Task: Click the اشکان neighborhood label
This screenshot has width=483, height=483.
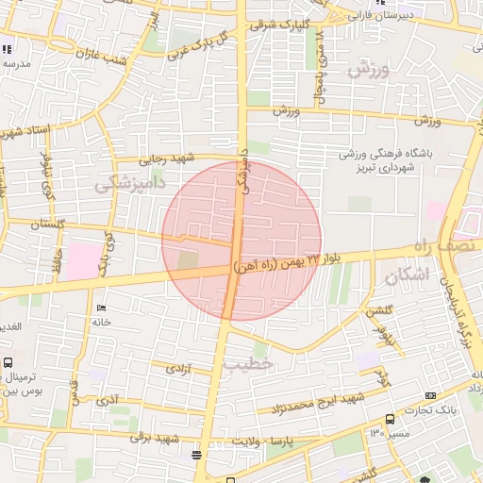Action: tap(406, 275)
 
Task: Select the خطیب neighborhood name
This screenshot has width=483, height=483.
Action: tap(252, 363)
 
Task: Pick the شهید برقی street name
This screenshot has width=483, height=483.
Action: tap(156, 437)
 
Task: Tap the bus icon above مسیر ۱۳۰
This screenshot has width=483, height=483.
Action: tap(390, 418)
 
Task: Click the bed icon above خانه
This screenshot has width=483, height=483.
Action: tap(101, 308)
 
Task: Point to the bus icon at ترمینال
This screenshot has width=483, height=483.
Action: tap(8, 363)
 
